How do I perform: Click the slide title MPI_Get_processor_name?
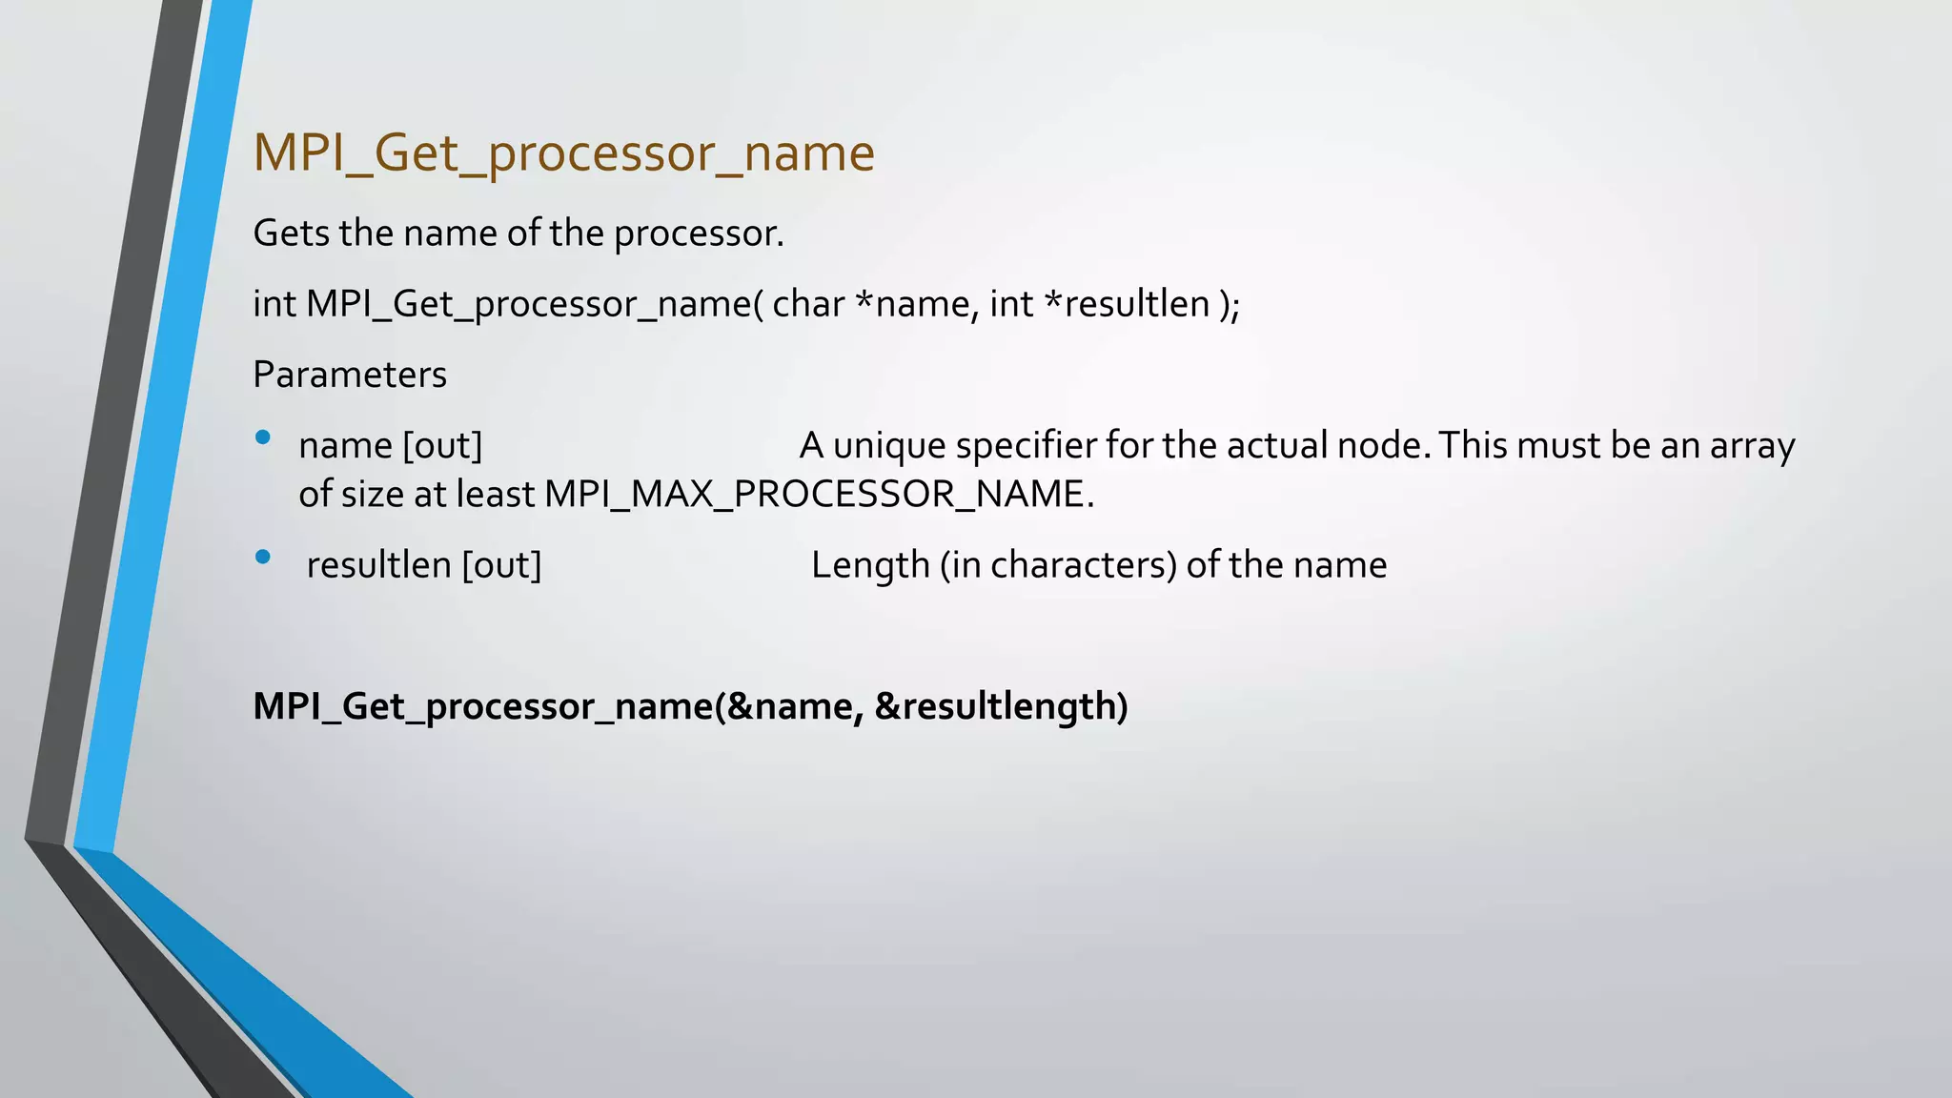[563, 153]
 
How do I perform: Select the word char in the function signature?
[808, 304]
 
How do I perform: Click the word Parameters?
[349, 375]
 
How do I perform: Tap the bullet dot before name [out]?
[263, 438]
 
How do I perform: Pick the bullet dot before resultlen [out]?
[263, 558]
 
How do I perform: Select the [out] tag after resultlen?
[501, 565]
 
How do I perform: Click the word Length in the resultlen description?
[870, 565]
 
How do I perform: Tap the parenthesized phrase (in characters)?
[1058, 565]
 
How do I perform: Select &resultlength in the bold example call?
[1001, 706]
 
